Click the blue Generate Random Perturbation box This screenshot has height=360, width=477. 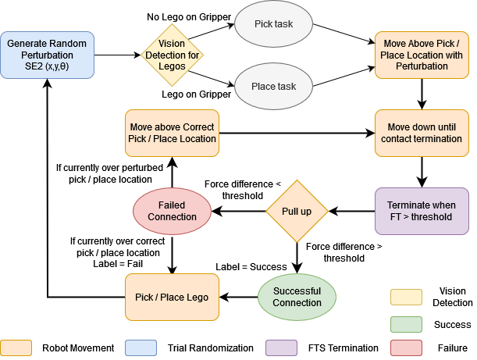click(48, 55)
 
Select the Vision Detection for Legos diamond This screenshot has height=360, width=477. click(172, 55)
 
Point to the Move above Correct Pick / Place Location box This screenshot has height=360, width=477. click(172, 133)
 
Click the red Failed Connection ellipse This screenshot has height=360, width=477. click(171, 211)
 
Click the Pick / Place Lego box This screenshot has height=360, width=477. click(172, 297)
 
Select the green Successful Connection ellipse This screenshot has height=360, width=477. click(297, 297)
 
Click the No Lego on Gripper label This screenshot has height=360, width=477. click(189, 16)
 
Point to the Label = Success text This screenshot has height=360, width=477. click(251, 267)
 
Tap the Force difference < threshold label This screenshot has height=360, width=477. click(243, 190)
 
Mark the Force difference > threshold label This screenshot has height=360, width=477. click(344, 252)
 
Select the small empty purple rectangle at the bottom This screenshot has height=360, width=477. click(281, 348)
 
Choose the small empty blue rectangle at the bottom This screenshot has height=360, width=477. click(141, 348)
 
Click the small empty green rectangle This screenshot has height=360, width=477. click(406, 324)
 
